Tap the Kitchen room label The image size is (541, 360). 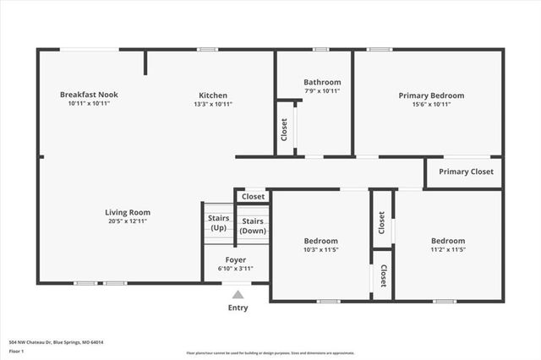coord(213,95)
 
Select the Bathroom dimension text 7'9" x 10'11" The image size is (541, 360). coord(322,91)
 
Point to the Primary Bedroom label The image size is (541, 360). coord(431,95)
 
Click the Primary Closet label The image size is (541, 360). coord(466,172)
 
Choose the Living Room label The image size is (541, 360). coord(128,212)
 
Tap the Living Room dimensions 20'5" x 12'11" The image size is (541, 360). coord(128,221)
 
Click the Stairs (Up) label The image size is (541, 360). coord(218,223)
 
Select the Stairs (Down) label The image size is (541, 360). coord(253,226)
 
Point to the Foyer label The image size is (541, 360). coord(236,259)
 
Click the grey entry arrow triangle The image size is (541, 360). coord(238,295)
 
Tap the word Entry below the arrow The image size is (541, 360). coord(238,308)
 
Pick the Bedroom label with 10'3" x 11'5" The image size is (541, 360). coord(321,241)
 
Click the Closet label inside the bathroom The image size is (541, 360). coord(284,130)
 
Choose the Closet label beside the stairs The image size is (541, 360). coord(253,196)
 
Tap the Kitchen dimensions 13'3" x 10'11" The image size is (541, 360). coord(213,104)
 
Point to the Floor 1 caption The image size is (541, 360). coord(17,352)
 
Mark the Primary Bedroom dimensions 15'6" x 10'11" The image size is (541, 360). coord(431,105)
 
